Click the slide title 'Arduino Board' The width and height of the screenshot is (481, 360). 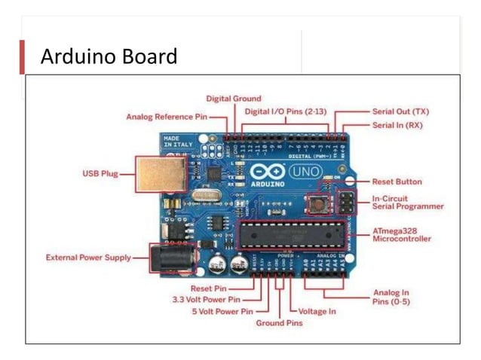(109, 56)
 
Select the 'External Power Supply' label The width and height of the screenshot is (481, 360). (88, 258)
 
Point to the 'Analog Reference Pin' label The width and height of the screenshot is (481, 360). (166, 117)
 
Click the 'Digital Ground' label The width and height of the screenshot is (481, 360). (234, 99)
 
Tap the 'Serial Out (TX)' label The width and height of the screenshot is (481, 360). (401, 111)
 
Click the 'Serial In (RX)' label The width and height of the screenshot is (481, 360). (397, 125)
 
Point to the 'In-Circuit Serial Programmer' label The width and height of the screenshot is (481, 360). (408, 202)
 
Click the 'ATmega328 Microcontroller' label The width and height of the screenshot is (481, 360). (402, 234)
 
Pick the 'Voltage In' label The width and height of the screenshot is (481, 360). (317, 311)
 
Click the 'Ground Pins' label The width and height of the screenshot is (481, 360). (278, 323)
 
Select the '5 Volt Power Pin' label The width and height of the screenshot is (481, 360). (223, 310)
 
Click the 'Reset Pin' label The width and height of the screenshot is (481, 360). (210, 288)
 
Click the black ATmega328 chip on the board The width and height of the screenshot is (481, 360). (290, 235)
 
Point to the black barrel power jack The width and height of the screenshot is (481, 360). (169, 258)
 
